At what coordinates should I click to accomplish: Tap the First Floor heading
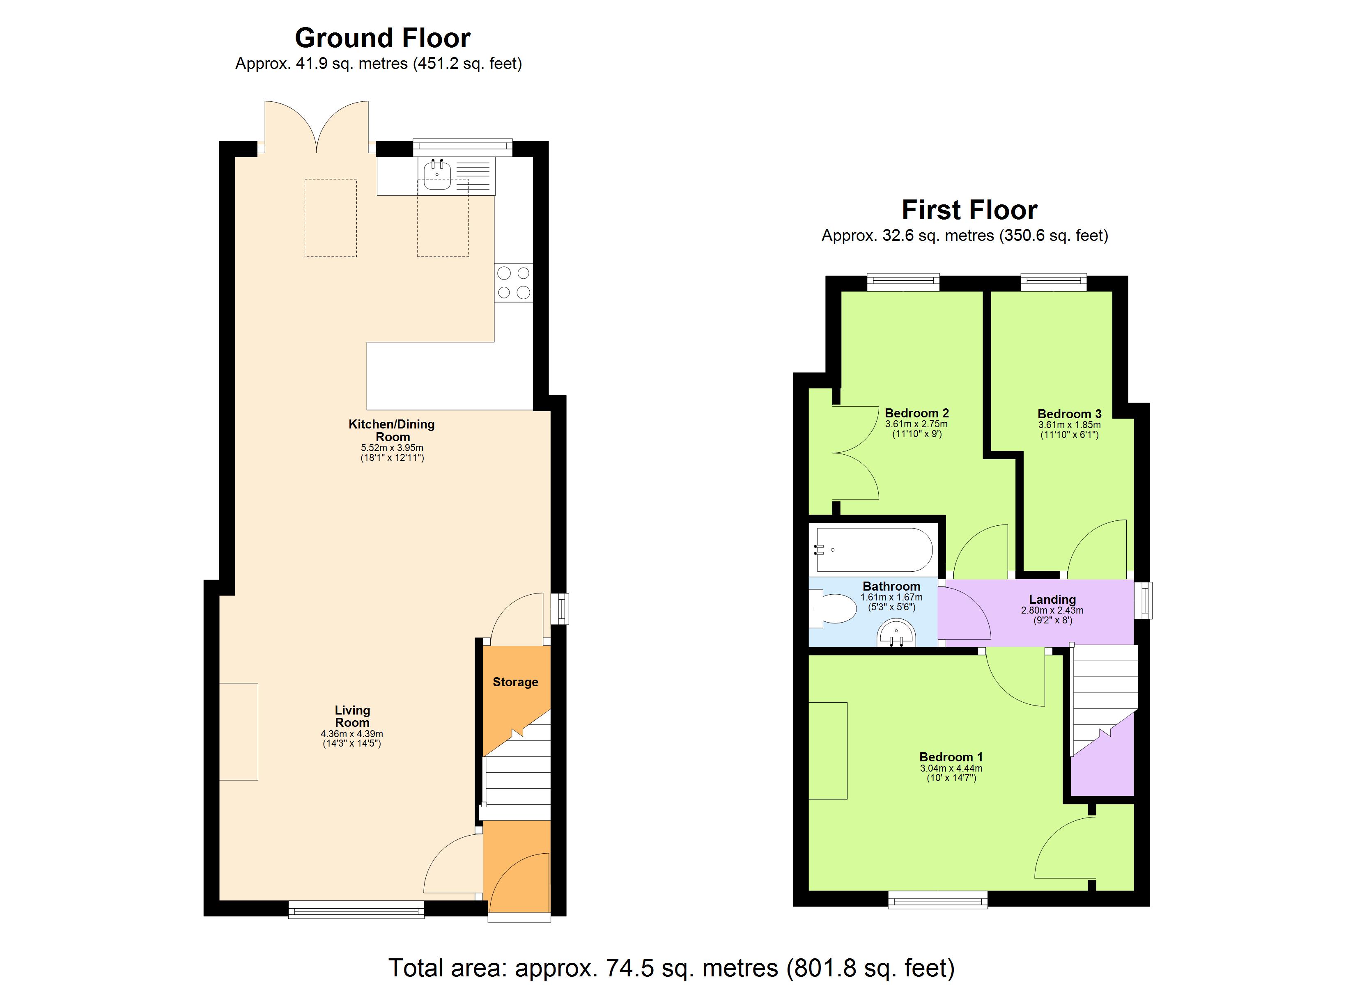tap(969, 210)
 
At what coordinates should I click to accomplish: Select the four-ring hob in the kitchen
tap(514, 282)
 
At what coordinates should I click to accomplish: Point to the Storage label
tap(515, 682)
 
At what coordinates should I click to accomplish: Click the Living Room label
tap(352, 716)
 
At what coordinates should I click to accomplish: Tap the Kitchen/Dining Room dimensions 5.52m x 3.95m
tap(392, 447)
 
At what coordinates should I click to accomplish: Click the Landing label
tap(1052, 599)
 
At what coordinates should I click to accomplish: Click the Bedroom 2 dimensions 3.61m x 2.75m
tap(916, 424)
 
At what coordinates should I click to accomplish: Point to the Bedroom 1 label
tap(951, 757)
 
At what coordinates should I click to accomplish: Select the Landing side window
tap(1143, 600)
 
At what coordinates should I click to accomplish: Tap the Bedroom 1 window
tap(937, 900)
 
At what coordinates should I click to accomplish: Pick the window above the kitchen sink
tap(462, 147)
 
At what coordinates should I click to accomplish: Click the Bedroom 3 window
tap(1053, 282)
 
